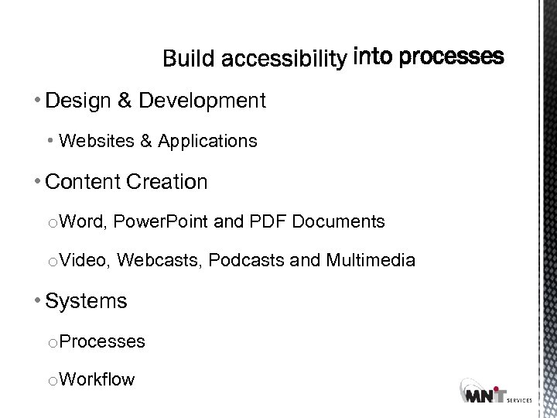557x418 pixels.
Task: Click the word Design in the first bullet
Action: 73,100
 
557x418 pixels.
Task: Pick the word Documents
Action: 338,222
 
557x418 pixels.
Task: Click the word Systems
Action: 86,301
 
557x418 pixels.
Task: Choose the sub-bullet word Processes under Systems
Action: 102,341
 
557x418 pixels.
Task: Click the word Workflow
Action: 97,379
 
